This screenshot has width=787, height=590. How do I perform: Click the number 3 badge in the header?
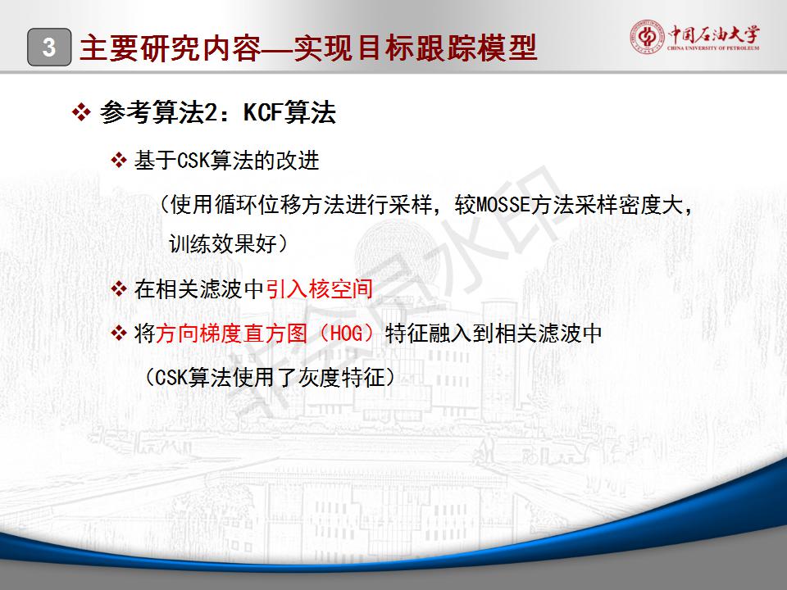click(x=49, y=48)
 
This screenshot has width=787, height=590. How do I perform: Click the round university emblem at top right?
click(x=648, y=36)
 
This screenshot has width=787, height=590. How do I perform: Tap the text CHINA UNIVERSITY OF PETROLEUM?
click(x=713, y=48)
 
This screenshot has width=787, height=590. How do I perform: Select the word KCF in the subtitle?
click(x=262, y=111)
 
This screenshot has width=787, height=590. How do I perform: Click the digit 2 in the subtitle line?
click(x=212, y=112)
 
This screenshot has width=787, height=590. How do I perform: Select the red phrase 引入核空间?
click(x=319, y=288)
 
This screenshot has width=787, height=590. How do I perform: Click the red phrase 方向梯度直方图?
click(x=231, y=334)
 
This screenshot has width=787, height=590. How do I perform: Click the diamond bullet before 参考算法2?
click(x=81, y=112)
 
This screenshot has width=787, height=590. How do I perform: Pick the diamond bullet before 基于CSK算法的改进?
click(x=119, y=161)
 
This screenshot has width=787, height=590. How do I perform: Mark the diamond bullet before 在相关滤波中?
click(x=119, y=289)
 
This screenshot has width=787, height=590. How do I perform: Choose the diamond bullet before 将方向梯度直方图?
click(x=119, y=333)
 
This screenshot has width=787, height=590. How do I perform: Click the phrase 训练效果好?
click(x=223, y=244)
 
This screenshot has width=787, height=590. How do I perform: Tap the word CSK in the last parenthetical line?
click(x=171, y=377)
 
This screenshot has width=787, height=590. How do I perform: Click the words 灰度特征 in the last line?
click(x=341, y=377)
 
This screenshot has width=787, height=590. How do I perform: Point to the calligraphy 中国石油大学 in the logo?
click(x=714, y=34)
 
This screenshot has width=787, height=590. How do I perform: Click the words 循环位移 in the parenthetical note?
click(x=259, y=205)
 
